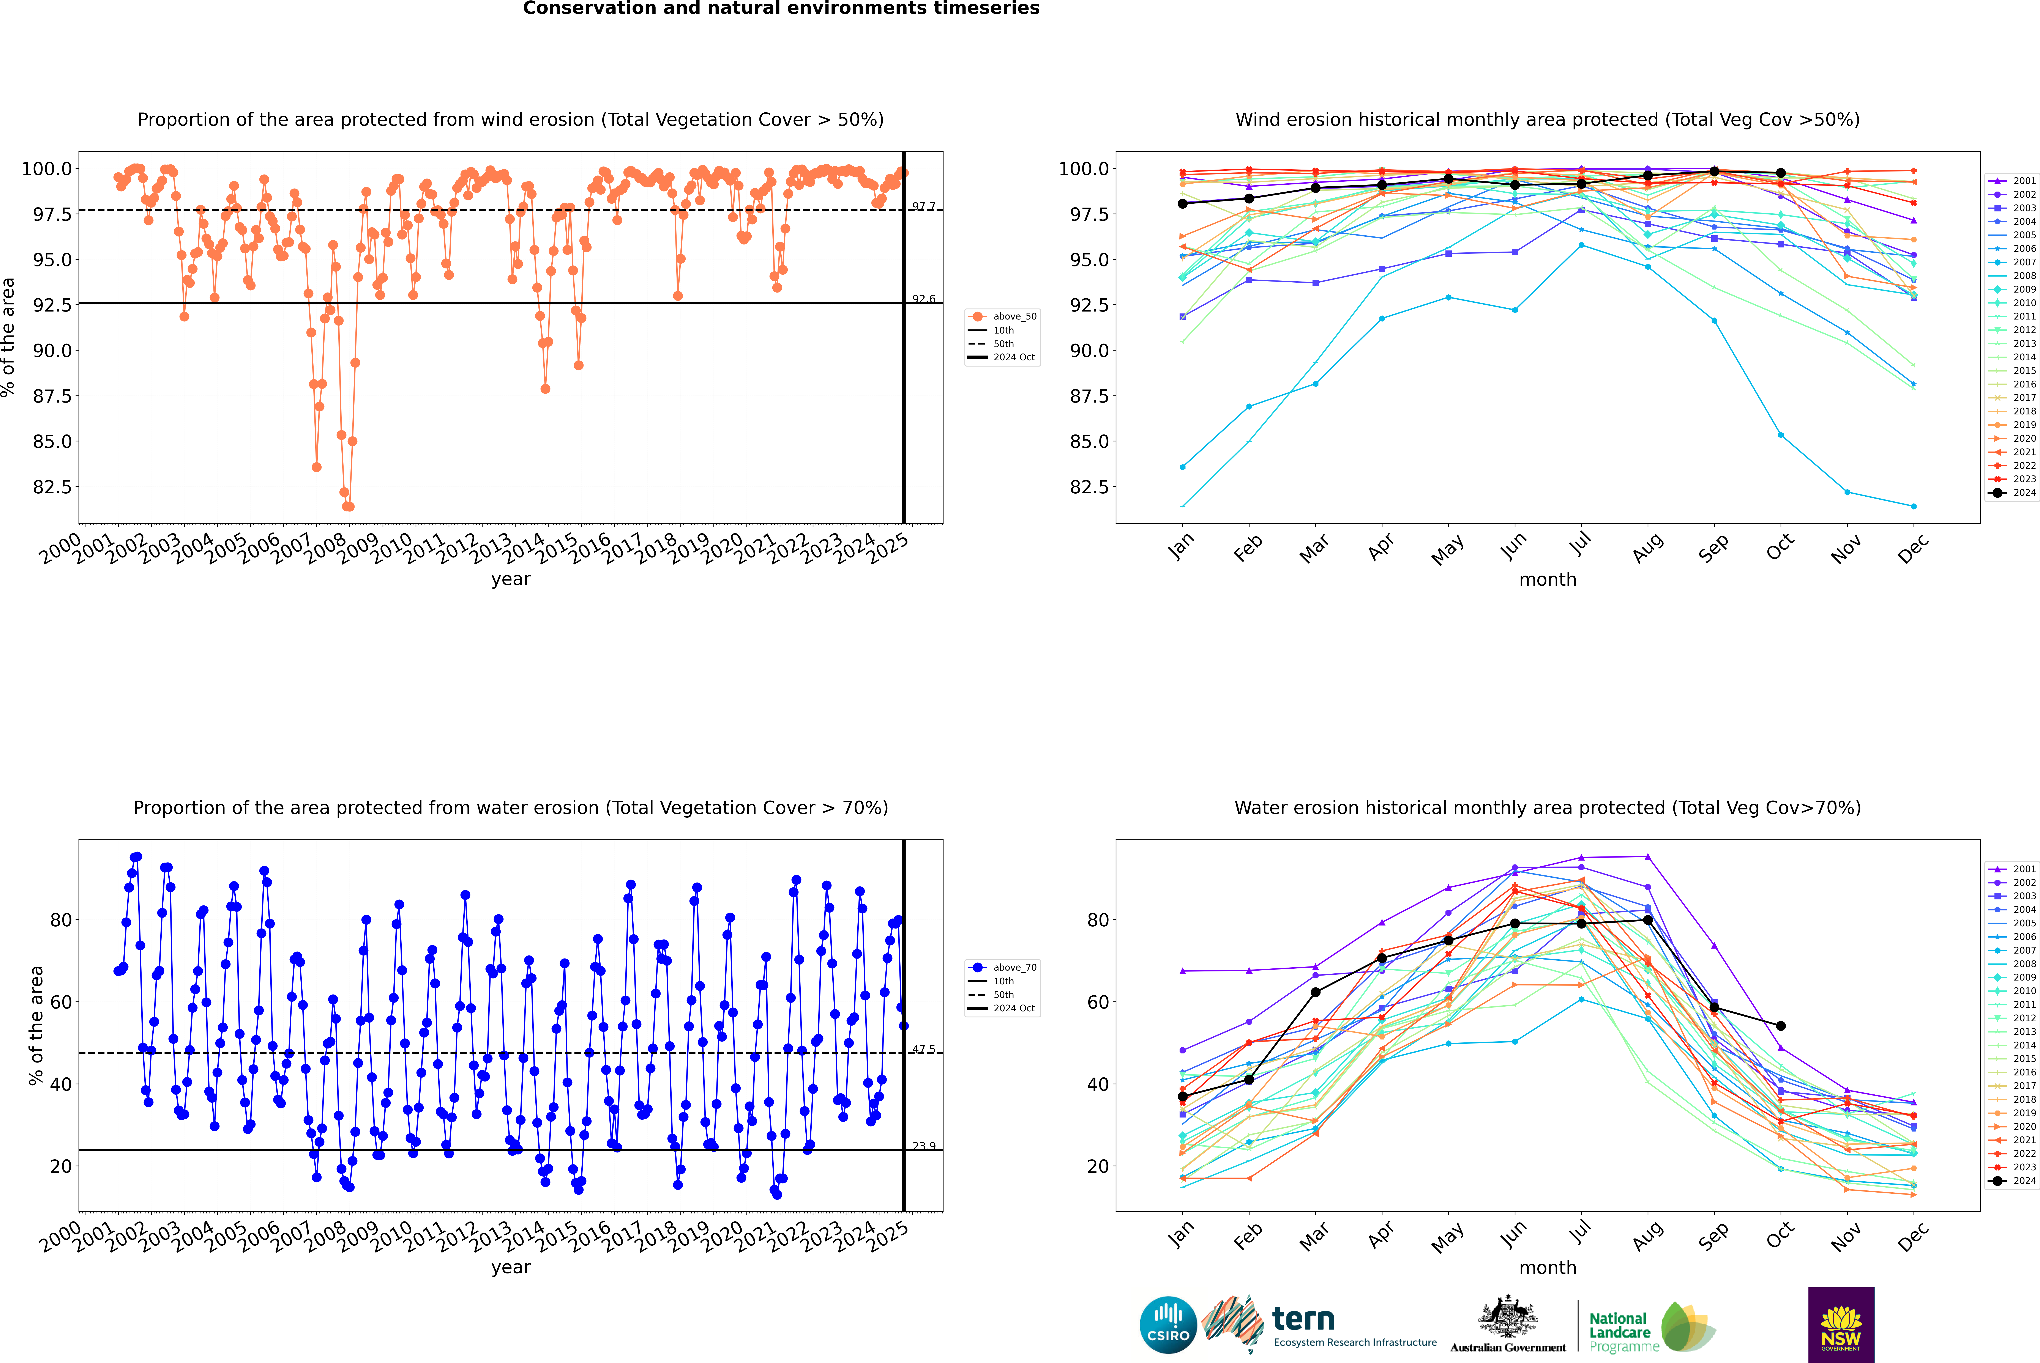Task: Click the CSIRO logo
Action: tap(1168, 1325)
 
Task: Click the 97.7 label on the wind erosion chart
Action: tap(923, 207)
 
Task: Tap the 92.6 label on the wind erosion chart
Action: tap(923, 299)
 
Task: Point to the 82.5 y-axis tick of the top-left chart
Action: tap(52, 487)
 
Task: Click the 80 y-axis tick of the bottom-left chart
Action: tap(61, 920)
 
